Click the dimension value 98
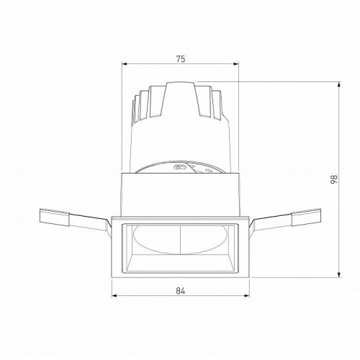coord(333,180)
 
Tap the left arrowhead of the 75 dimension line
coord(124,66)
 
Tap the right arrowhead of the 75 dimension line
coord(238,66)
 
